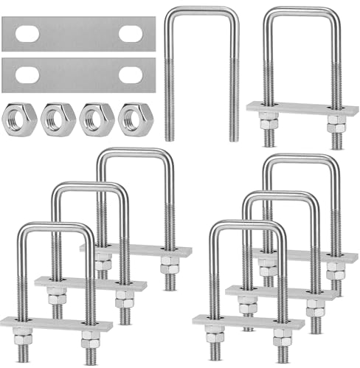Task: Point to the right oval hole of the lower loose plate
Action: (131, 74)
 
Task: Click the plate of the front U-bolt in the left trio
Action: (56, 324)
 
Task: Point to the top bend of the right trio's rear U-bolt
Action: (302, 157)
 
